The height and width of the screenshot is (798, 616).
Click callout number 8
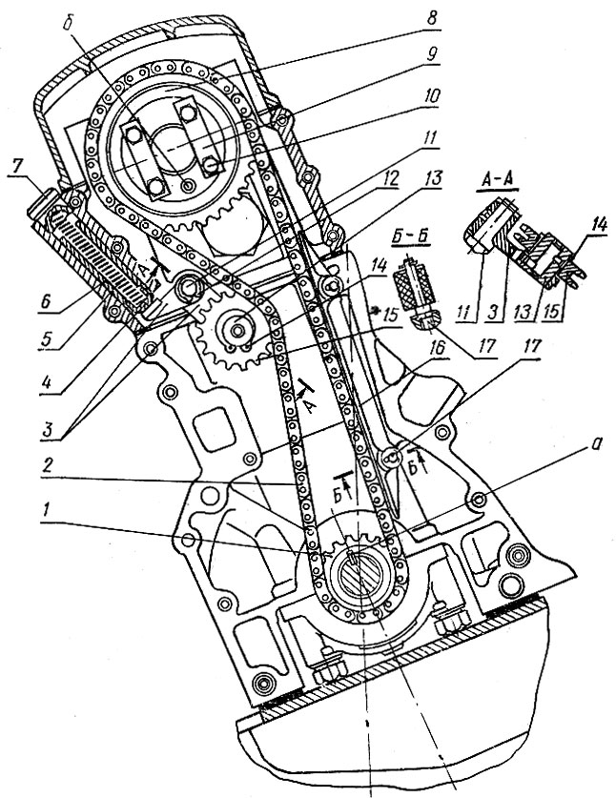(x=431, y=19)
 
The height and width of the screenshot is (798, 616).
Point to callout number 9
(x=431, y=54)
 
